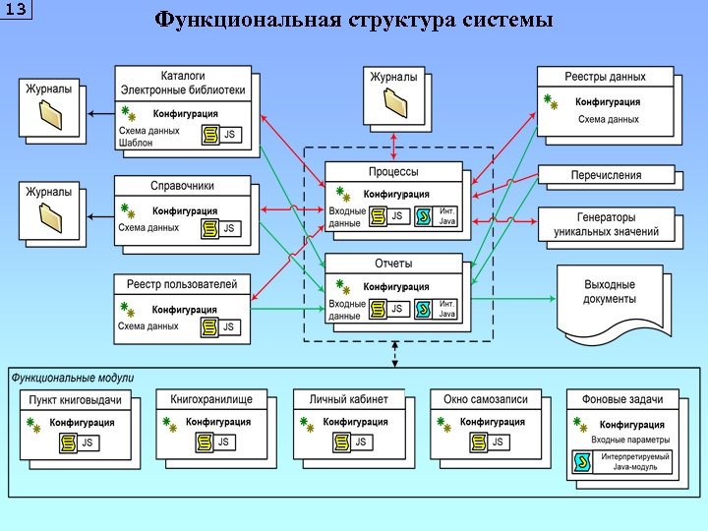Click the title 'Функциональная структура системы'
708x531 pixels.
354,21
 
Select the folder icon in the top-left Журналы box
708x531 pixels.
51,116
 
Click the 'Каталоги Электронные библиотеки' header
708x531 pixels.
182,83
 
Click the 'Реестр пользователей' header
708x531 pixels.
182,284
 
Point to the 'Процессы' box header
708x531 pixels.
393,171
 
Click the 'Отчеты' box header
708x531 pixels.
393,264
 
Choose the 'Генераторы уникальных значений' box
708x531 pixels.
606,224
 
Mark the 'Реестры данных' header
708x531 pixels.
605,76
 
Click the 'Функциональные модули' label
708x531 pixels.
73,378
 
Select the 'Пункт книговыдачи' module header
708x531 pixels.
76,400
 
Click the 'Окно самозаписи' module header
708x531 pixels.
486,399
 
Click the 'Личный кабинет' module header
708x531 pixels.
349,399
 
